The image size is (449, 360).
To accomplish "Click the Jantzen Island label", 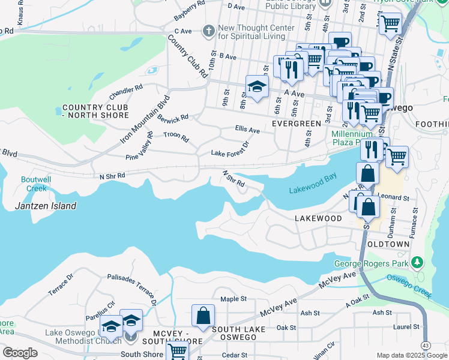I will point(46,206).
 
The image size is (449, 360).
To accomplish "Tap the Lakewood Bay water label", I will point(313,184).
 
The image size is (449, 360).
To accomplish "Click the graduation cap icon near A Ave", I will point(257,87).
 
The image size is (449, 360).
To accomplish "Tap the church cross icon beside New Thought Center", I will point(208,31).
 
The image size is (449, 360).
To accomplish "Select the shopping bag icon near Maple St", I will point(203,316).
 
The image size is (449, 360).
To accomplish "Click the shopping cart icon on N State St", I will point(390,24).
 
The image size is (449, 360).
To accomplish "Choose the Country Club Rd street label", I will point(187,57).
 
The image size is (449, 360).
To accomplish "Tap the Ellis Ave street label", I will point(247,130).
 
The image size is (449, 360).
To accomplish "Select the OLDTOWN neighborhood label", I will point(389,244).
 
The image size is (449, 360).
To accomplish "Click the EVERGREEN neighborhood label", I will point(297,124).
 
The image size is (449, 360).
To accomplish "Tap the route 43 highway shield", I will point(426,346).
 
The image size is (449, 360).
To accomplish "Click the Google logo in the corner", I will point(20,353).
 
